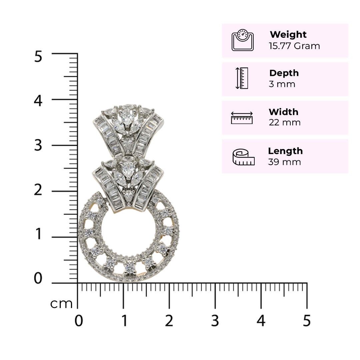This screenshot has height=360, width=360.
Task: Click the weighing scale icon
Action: pyautogui.click(x=242, y=40)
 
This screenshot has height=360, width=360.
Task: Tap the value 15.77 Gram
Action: pyautogui.click(x=294, y=46)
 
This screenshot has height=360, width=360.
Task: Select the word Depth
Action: pyautogui.click(x=284, y=73)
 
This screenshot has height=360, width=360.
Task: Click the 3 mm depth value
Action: pyautogui.click(x=282, y=84)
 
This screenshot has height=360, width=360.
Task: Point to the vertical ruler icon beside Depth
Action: pyautogui.click(x=242, y=78)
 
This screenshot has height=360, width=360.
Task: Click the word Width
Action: pyautogui.click(x=284, y=112)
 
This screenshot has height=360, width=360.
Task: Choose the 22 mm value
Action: pyautogui.click(x=285, y=122)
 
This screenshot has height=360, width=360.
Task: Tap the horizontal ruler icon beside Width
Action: pyautogui.click(x=242, y=118)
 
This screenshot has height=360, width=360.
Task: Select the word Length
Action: pyautogui.click(x=285, y=151)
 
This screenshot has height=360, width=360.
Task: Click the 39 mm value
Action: pyautogui.click(x=284, y=162)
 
